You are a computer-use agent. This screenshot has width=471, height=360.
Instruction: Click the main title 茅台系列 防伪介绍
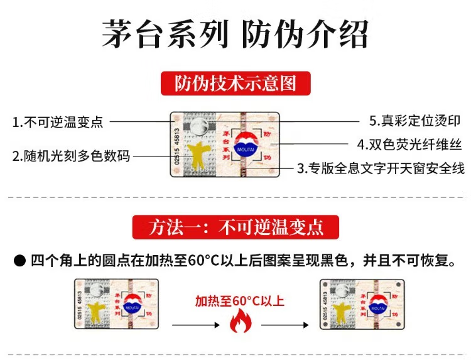point(235,34)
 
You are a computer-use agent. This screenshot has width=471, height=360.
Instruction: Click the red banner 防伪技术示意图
point(235,83)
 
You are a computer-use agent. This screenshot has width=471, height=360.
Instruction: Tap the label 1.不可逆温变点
point(58,122)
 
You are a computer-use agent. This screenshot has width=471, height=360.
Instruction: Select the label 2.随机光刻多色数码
point(71,156)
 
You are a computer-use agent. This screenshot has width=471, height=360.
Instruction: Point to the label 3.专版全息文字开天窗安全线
point(381,168)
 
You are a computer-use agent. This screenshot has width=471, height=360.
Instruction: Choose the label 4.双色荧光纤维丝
point(409,145)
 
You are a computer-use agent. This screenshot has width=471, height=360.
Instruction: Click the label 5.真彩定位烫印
point(415,121)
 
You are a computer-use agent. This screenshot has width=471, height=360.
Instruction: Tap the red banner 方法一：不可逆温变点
point(235,227)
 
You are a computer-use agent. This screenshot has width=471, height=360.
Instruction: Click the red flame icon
point(241,320)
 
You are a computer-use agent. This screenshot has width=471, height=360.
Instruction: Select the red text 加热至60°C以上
point(240,300)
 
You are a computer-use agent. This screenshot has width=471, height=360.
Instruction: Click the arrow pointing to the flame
point(195,325)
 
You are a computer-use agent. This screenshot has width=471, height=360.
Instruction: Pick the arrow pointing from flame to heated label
point(284,325)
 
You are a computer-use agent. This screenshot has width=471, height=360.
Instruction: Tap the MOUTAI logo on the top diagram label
point(246,145)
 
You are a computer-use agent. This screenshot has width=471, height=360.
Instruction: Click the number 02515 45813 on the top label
point(176,146)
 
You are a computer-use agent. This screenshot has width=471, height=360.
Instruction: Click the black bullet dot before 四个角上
point(20,261)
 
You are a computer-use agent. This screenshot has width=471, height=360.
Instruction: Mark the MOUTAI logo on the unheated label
point(133,304)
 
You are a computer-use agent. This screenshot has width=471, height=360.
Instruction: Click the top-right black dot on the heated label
point(399,284)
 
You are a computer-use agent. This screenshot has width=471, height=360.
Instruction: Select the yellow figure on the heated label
point(342,312)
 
